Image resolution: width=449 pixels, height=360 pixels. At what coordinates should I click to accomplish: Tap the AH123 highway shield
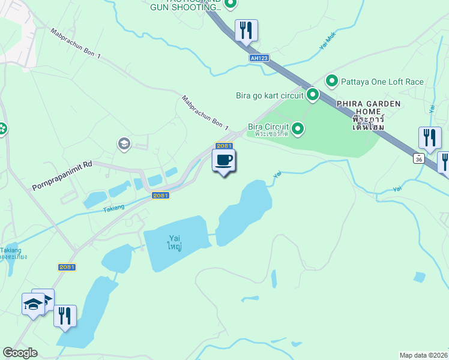tap(259, 58)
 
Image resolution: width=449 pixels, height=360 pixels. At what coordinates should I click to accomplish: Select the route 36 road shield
tap(418, 158)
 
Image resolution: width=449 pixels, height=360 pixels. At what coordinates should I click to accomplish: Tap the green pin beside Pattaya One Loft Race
tap(331, 80)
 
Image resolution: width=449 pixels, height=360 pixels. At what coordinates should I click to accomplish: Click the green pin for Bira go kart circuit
tap(312, 94)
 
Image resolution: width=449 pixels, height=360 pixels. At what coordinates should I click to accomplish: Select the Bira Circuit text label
tap(268, 127)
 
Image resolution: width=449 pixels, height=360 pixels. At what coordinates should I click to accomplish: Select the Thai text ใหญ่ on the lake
tap(175, 247)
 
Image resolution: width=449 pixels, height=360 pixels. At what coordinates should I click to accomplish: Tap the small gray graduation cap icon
tap(124, 143)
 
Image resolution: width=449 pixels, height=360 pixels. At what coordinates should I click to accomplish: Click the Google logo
tap(20, 353)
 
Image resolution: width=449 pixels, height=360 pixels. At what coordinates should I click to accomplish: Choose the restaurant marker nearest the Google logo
tap(65, 315)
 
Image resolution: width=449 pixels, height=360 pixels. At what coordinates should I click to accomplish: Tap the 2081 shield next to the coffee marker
tap(224, 146)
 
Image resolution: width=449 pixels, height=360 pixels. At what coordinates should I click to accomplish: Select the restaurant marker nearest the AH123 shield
tap(246, 30)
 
